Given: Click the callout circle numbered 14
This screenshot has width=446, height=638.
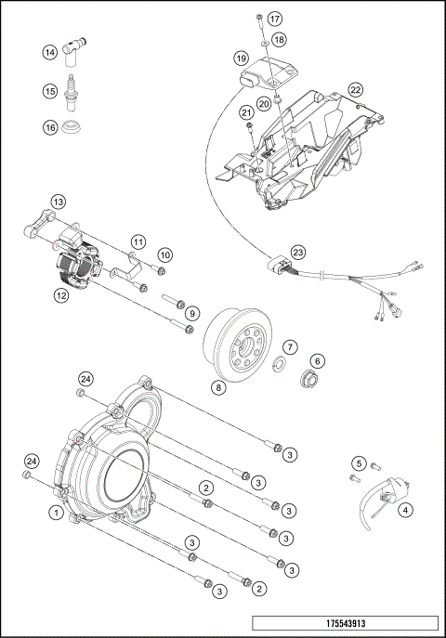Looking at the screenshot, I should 49,54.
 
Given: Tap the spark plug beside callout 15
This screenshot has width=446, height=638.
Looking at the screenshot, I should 72,92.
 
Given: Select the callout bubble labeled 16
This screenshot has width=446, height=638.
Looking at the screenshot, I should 49,126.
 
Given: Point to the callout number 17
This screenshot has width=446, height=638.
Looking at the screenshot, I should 274,19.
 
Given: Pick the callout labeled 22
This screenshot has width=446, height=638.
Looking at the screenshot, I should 355,89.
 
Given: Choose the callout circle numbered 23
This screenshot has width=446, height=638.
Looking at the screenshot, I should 297,252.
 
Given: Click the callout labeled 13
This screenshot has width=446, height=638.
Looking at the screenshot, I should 58,202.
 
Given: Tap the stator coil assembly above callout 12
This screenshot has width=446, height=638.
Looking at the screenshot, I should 74,263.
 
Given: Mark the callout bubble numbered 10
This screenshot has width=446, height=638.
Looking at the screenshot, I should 164,254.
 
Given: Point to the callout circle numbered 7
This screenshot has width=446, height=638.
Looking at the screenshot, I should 290,346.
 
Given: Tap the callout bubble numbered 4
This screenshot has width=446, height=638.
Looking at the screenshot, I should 405,508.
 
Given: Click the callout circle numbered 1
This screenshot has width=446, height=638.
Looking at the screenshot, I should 57,512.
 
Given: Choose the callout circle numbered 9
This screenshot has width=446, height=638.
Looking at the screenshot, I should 192,312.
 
